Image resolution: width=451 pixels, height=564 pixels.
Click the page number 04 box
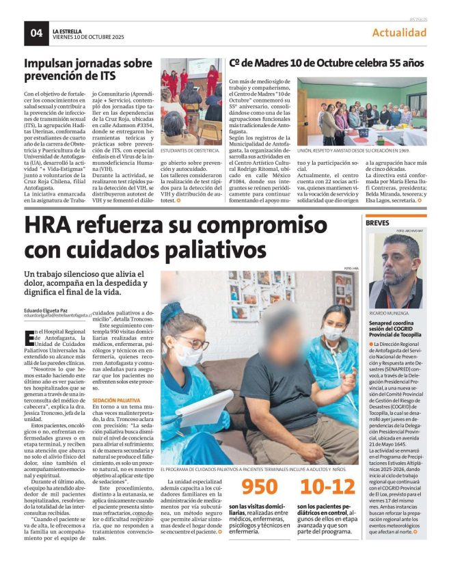point(36,32)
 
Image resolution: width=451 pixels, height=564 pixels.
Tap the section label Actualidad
point(399,33)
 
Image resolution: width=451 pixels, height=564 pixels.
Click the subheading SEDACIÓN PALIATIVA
point(116,399)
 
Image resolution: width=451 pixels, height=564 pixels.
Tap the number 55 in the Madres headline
point(383,63)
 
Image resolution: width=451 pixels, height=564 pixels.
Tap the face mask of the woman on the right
point(332,333)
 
